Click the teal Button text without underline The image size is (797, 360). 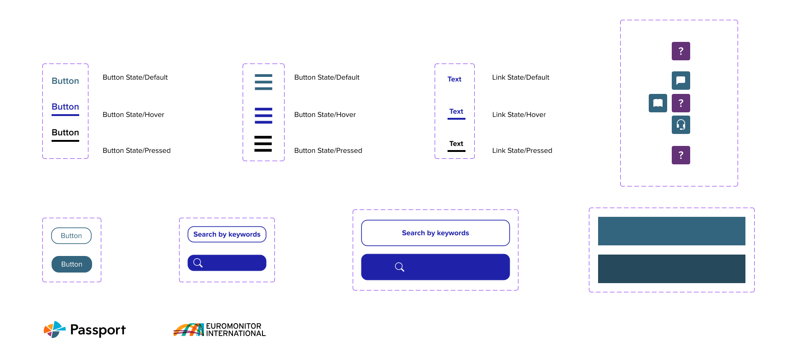65,81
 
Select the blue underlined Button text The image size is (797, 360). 65,107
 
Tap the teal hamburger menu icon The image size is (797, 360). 263,82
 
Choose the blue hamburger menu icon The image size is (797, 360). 263,116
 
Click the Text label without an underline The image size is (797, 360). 454,79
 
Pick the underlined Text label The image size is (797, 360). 456,111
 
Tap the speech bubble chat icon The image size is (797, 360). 681,81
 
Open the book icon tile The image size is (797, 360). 658,103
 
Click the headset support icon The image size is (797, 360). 681,125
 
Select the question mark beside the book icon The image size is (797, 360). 681,103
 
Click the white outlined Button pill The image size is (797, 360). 71,236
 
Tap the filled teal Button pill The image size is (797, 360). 72,264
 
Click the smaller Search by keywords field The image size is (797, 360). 227,234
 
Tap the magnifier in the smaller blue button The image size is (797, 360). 198,263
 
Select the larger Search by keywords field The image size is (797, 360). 436,233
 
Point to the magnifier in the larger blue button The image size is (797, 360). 400,267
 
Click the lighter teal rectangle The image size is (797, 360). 671,231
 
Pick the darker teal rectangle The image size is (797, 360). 671,269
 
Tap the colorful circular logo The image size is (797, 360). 55,330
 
